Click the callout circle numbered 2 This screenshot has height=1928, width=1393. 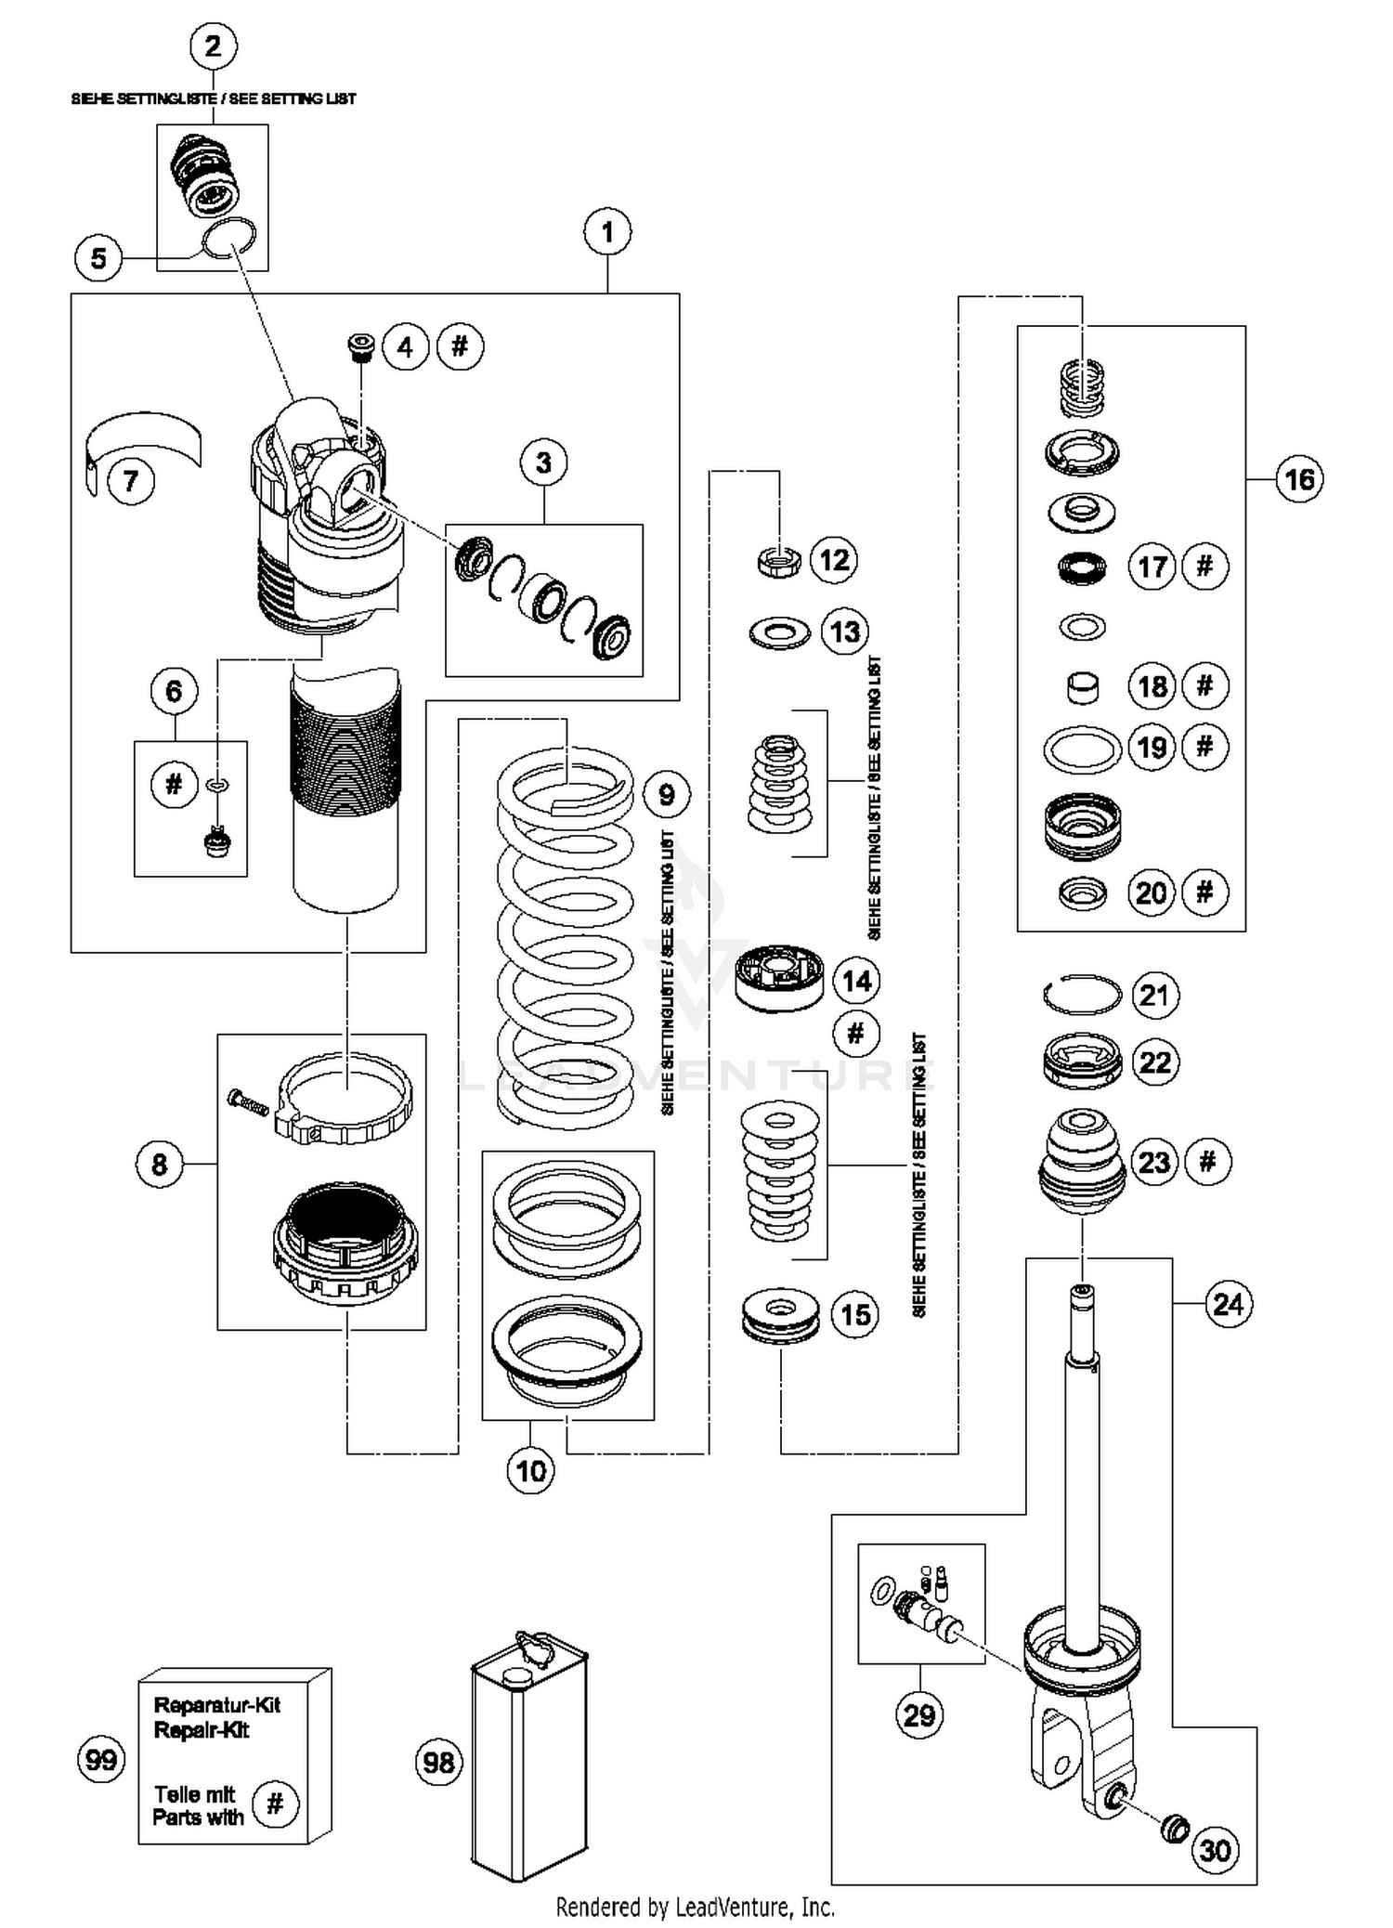[214, 46]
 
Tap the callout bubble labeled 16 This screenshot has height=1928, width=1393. [1299, 479]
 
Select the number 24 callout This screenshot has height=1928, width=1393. [1228, 1304]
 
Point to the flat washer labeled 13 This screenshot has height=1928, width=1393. [780, 634]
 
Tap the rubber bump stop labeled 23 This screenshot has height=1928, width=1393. [1082, 1163]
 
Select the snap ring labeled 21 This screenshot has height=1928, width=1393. [1083, 996]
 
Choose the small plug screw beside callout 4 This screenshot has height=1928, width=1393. [360, 346]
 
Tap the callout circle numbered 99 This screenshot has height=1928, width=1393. [101, 1759]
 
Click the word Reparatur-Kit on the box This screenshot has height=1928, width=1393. [216, 1705]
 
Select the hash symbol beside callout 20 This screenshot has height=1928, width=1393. [1204, 892]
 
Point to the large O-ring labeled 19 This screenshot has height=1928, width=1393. [1083, 749]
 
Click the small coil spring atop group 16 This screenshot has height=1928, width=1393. [1082, 386]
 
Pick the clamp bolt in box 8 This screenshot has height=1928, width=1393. [247, 1102]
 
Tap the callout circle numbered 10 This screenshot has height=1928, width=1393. [531, 1470]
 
